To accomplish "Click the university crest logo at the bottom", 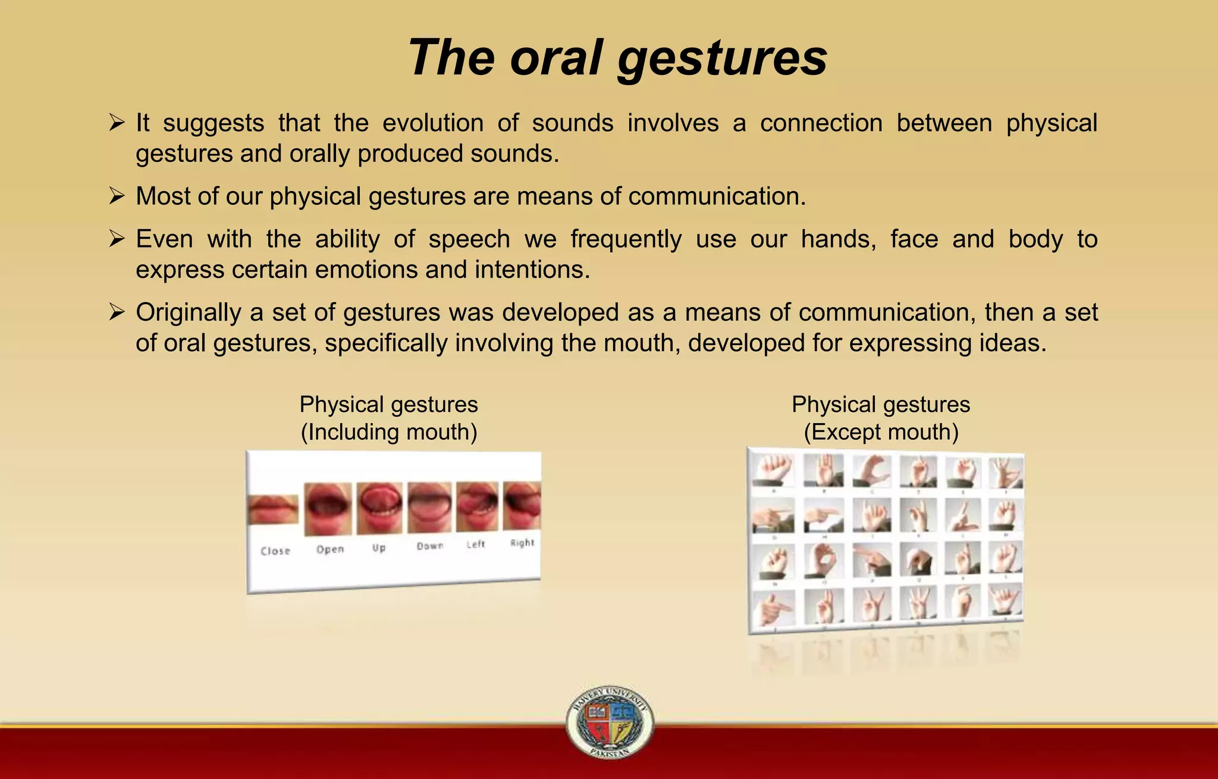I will (610, 722).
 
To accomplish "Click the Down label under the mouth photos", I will (429, 546).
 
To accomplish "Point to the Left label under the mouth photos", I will (476, 544).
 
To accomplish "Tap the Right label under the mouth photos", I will (522, 543).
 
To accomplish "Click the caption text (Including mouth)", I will (389, 432).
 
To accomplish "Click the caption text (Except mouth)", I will (881, 432).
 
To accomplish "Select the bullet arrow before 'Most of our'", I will (117, 196).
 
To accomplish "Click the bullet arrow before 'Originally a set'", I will (117, 312).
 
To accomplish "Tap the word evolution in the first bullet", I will (432, 123).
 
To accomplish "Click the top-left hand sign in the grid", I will (773, 470).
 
